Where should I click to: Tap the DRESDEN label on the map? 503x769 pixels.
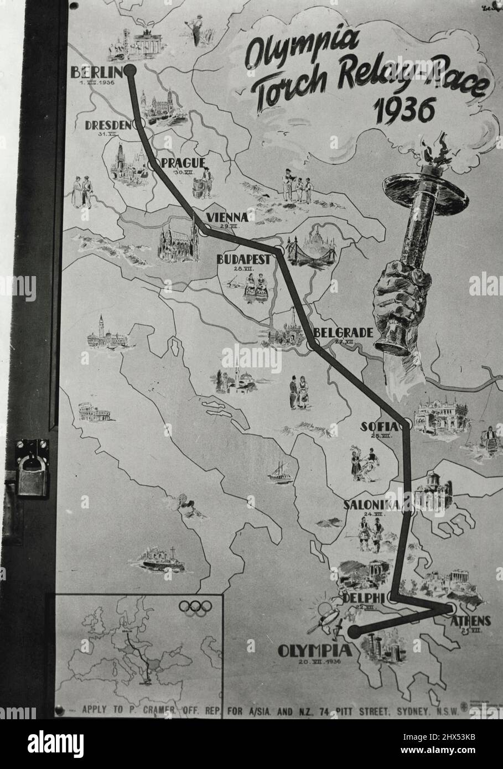click(x=108, y=125)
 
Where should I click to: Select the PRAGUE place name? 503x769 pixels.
click(x=183, y=163)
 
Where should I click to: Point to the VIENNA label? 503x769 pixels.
click(x=226, y=216)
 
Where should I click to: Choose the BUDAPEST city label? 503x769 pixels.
click(x=243, y=259)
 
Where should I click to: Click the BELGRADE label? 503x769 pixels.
click(x=343, y=332)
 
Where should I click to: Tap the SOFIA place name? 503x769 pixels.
click(x=379, y=427)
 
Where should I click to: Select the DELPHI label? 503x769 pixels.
click(x=363, y=598)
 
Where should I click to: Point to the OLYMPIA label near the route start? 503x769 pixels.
click(x=314, y=651)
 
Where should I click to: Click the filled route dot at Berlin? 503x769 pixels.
click(x=130, y=70)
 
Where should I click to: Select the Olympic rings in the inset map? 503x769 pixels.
click(x=195, y=607)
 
